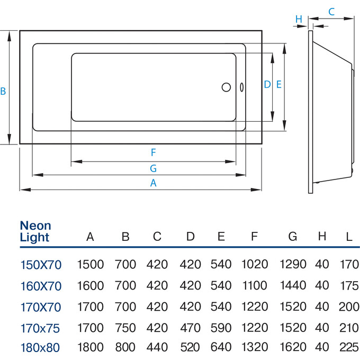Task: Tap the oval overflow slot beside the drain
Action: pyautogui.click(x=241, y=87)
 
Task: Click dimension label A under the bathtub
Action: pyautogui.click(x=154, y=183)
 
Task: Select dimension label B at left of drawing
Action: pyautogui.click(x=3, y=91)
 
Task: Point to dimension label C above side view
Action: pyautogui.click(x=331, y=11)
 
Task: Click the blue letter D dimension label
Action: pyautogui.click(x=267, y=84)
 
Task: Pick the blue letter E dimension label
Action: pyautogui.click(x=278, y=84)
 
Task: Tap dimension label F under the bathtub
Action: pyautogui.click(x=154, y=153)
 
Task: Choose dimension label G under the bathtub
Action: pyautogui.click(x=154, y=168)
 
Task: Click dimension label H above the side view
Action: pyautogui.click(x=299, y=19)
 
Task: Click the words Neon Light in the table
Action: pyautogui.click(x=35, y=231)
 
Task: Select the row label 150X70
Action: pyautogui.click(x=41, y=264)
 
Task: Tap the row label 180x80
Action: pyautogui.click(x=41, y=348)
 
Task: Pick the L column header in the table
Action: pyautogui.click(x=348, y=236)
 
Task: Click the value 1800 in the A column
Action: pyautogui.click(x=91, y=348)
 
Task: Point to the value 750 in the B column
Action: pyautogui.click(x=125, y=327)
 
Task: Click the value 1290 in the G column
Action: pyautogui.click(x=293, y=264)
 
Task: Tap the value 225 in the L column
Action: pyautogui.click(x=348, y=348)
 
